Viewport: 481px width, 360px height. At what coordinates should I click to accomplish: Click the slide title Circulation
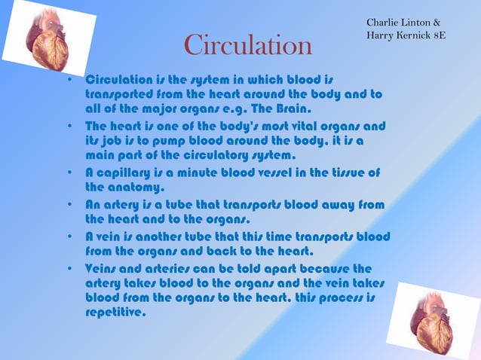(248, 47)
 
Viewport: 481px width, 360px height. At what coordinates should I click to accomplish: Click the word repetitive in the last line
(113, 313)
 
